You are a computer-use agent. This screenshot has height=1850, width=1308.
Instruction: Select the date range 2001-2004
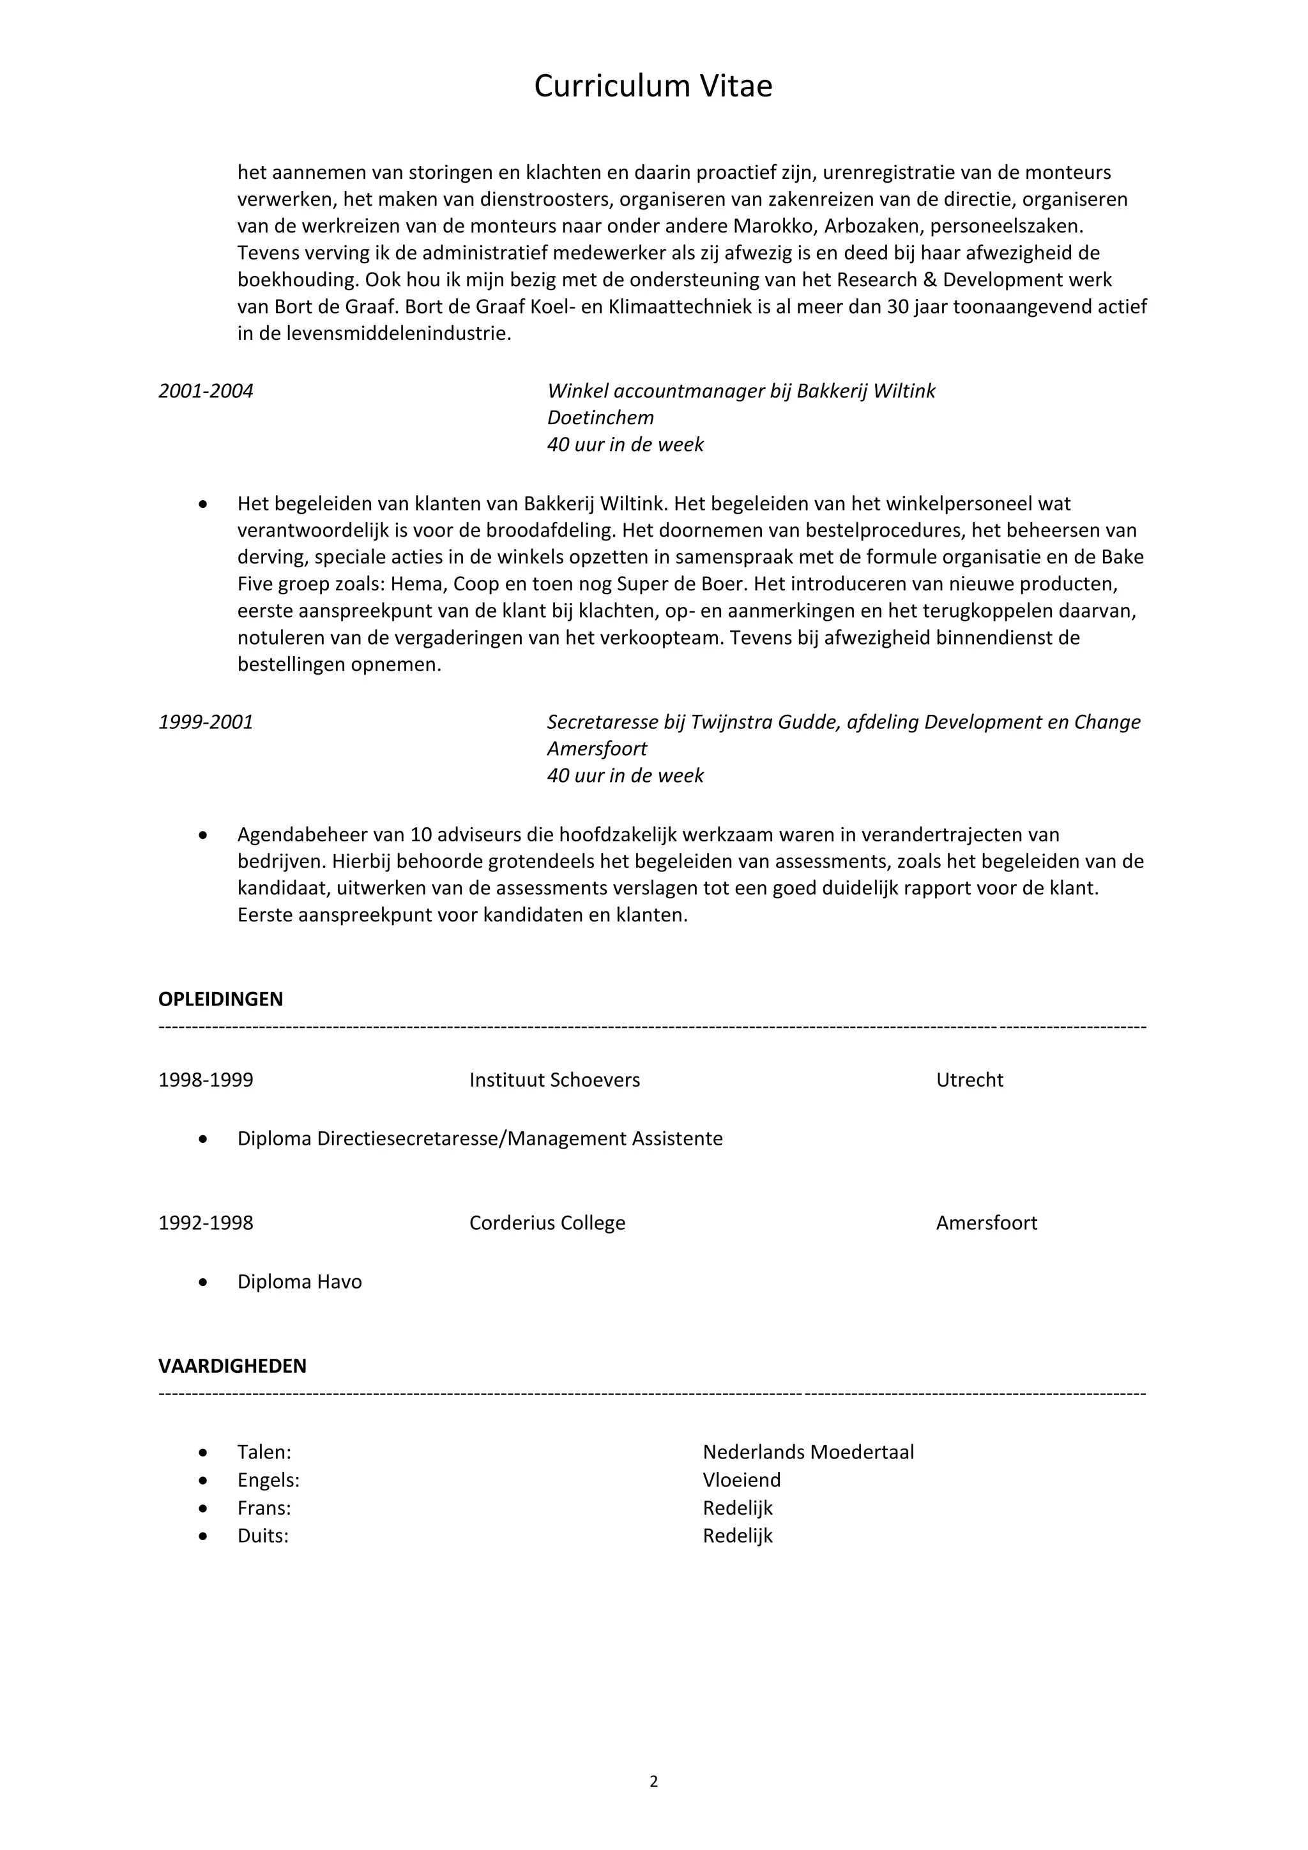(x=206, y=392)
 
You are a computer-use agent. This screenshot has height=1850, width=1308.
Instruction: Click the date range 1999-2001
(x=206, y=722)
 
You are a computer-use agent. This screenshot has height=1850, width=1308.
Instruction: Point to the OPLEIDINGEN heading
(x=221, y=999)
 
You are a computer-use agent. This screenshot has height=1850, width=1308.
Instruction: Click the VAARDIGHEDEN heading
(x=232, y=1366)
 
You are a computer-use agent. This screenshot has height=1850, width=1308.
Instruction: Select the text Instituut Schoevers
(x=554, y=1080)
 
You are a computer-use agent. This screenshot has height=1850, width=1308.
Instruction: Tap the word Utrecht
(x=969, y=1080)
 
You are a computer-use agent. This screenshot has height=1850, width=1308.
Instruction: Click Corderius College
(x=547, y=1222)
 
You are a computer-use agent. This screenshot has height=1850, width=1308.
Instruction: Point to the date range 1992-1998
(x=206, y=1222)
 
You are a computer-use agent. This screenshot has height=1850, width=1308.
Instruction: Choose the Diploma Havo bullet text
(x=299, y=1282)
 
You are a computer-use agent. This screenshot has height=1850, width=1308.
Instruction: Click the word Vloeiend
(x=741, y=1480)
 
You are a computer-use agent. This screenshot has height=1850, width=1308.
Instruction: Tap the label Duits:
(x=262, y=1536)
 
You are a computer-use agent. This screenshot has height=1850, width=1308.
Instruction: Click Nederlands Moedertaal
(x=808, y=1452)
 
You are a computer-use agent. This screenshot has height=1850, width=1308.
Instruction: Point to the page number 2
(x=653, y=1782)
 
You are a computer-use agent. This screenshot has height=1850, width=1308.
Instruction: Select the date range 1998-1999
(x=206, y=1080)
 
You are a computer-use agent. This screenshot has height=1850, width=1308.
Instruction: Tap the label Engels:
(x=268, y=1480)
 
